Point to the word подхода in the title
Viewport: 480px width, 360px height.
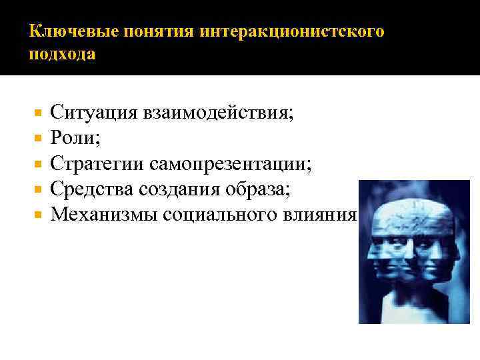click(x=62, y=55)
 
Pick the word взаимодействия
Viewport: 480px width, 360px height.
click(x=216, y=112)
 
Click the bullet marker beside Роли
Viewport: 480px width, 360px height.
click(x=38, y=138)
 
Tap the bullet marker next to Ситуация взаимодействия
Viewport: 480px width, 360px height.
click(x=38, y=113)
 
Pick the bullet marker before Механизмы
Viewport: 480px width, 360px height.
click(x=38, y=215)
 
